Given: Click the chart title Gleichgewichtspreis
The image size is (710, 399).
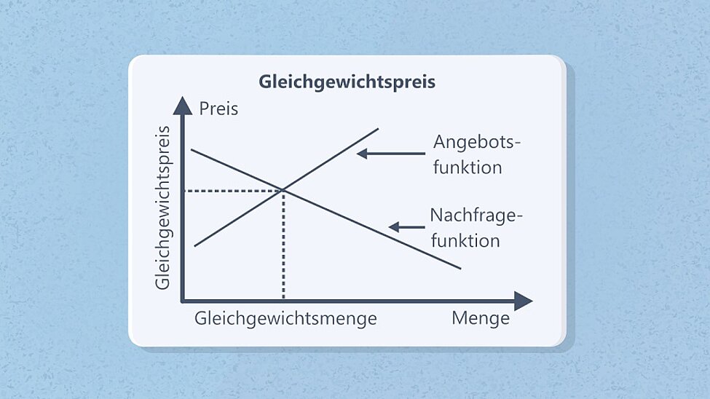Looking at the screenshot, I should click(347, 82).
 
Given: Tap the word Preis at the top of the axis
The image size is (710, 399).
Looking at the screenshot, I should click(218, 109).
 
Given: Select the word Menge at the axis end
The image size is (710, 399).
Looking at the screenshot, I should click(481, 318).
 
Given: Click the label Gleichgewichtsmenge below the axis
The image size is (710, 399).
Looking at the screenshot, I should click(285, 318).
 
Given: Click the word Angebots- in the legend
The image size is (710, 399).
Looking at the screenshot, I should click(477, 141).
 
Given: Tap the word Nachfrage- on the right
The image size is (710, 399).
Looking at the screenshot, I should click(477, 215).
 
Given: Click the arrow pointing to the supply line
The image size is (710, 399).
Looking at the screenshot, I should click(390, 154).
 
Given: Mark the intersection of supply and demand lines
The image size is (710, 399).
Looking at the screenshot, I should click(283, 191).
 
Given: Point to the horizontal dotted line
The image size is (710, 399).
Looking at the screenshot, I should click(233, 191).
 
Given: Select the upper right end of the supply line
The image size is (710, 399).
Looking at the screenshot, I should click(377, 129).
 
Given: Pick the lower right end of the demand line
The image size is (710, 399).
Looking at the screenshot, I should click(459, 268).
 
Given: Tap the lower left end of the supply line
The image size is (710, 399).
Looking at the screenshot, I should click(195, 246).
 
